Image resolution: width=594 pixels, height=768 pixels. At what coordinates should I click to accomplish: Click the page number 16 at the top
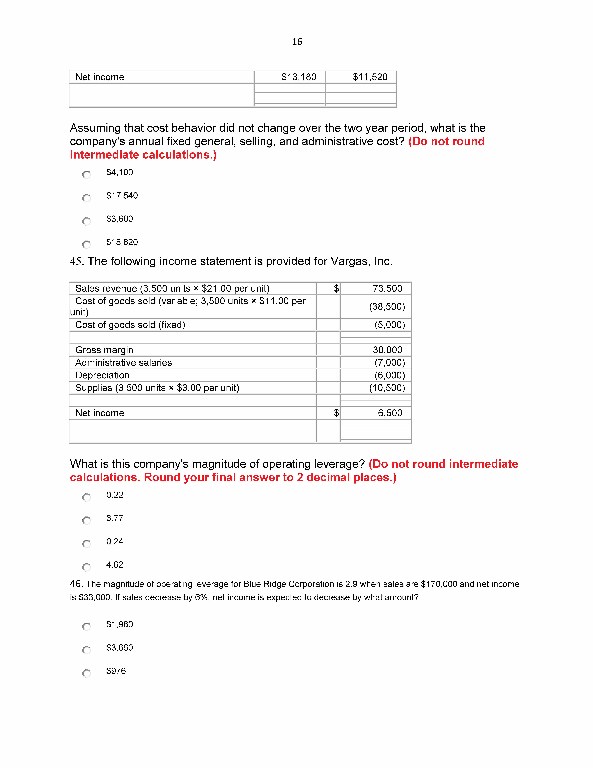[297, 42]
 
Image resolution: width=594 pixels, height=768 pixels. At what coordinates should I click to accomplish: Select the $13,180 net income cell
[299, 77]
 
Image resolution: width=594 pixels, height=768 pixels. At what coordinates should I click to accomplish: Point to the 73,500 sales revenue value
[387, 288]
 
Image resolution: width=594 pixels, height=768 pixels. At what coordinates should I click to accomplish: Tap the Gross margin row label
[104, 350]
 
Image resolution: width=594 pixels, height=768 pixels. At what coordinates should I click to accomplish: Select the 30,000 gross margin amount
[387, 350]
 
